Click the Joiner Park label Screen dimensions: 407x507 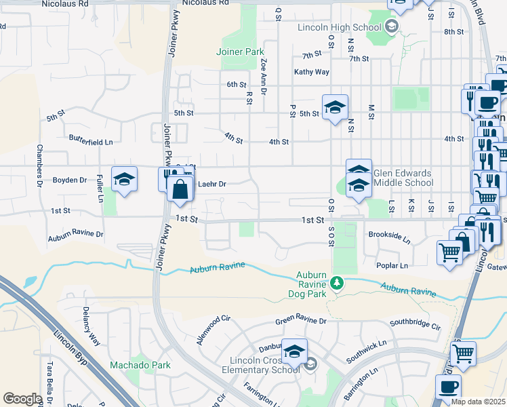(239, 52)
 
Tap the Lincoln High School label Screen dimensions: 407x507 (340, 27)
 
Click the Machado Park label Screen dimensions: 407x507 (140, 365)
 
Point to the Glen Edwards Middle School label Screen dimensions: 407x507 (403, 178)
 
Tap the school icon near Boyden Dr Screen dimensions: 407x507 (124, 180)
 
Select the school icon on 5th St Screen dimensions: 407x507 (335, 107)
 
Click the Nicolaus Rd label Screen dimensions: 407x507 (65, 3)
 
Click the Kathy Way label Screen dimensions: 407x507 (311, 72)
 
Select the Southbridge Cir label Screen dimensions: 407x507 (415, 327)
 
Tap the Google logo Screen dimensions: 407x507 (22, 399)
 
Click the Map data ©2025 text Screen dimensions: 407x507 (478, 402)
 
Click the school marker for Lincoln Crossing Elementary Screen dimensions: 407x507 (294, 351)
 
